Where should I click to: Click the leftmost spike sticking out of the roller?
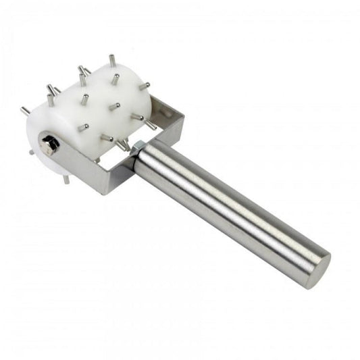25,111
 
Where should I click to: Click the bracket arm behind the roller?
162,108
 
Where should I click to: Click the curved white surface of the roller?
101,101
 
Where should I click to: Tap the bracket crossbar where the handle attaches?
122,172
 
